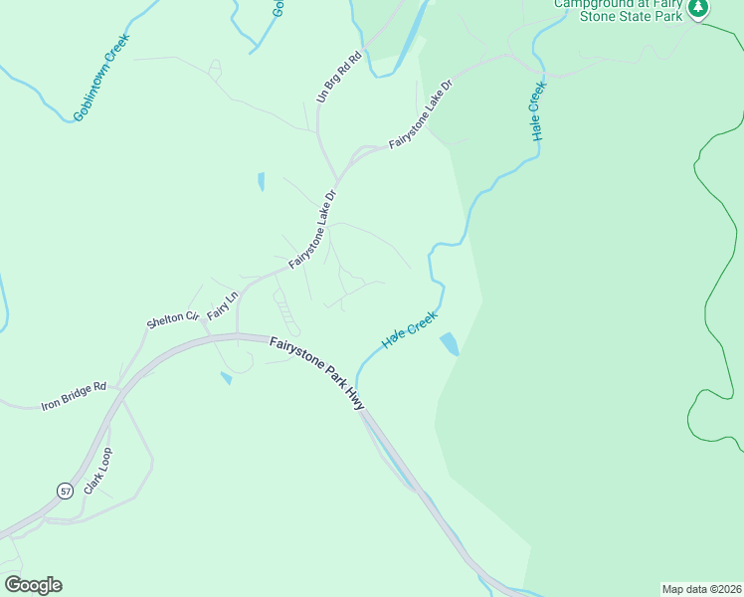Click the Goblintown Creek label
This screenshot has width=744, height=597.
tap(101, 78)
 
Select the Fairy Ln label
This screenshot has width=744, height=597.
tap(223, 305)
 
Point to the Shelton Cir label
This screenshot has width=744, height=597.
tap(166, 318)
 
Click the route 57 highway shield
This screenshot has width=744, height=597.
tap(65, 492)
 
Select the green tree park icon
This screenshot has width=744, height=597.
tap(698, 8)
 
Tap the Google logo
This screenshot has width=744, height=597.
tap(33, 585)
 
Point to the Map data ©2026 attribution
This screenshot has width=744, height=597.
tap(701, 588)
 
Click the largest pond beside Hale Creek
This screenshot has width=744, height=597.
tap(450, 343)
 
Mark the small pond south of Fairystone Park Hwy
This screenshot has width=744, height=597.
tap(227, 378)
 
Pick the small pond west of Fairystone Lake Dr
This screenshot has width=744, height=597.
tap(261, 181)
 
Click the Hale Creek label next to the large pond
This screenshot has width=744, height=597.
tap(410, 329)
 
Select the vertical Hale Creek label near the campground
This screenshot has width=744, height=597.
tap(538, 111)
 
